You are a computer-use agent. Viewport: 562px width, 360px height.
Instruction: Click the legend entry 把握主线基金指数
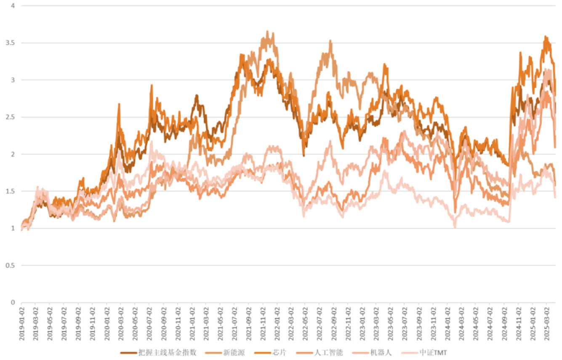pos(167,352)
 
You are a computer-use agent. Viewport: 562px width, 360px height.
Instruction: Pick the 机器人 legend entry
pos(381,352)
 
